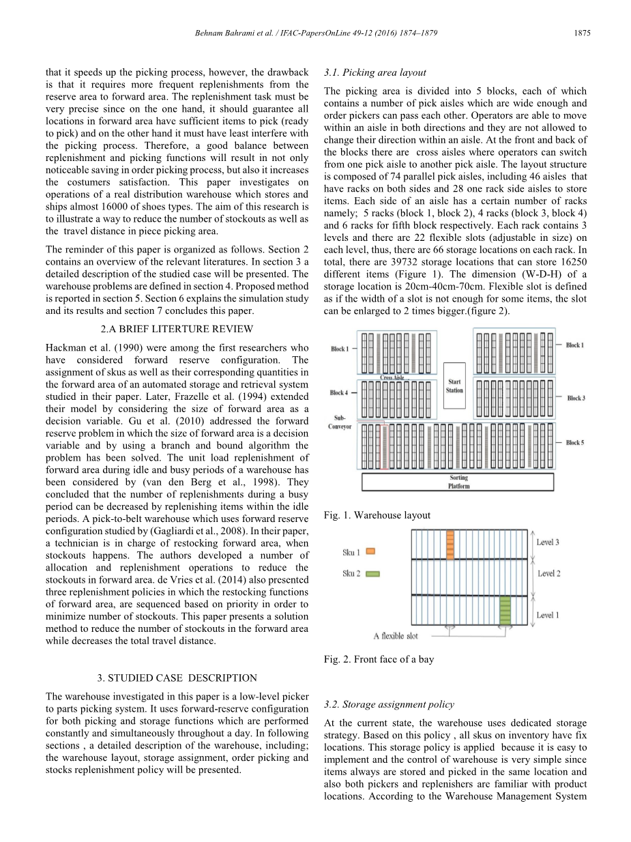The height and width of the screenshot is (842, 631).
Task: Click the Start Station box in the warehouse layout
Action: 454,386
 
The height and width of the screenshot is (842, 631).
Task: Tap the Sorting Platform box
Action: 459,482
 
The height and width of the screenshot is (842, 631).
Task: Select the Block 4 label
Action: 339,393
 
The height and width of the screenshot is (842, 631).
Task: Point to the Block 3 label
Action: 576,398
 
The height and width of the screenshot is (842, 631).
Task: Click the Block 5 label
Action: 574,443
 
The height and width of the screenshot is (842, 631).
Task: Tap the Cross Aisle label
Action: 393,377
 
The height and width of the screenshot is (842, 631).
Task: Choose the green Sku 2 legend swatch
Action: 372,574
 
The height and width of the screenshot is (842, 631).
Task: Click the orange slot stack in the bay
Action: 450,545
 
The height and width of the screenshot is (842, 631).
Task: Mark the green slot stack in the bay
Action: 505,610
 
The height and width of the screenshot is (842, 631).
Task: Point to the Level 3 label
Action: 548,542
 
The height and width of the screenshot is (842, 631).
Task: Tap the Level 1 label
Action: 548,615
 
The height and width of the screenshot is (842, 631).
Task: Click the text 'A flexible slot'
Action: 396,636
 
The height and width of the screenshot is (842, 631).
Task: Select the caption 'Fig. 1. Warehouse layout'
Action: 377,515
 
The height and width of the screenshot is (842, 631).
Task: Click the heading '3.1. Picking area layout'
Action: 375,72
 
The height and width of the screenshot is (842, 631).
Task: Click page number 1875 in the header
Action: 582,33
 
